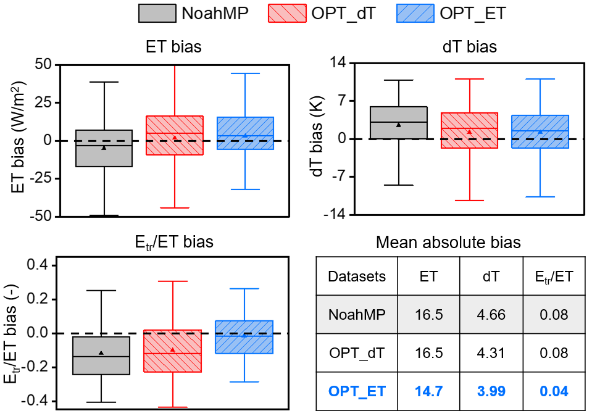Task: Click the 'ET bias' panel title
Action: (173, 47)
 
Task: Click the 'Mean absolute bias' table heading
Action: (448, 243)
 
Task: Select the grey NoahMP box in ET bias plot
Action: (104, 148)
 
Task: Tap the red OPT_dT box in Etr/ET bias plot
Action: (173, 351)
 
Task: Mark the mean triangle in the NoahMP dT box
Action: (399, 125)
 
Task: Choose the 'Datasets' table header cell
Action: (357, 277)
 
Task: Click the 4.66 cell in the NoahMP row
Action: (491, 315)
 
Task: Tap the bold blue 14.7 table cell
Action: (428, 391)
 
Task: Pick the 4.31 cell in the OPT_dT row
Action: (491, 353)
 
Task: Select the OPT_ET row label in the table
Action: (357, 391)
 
